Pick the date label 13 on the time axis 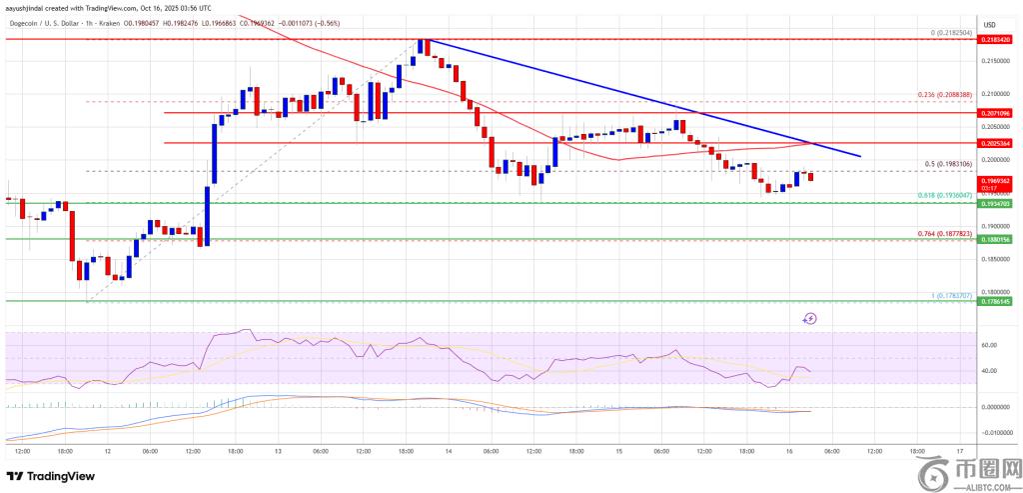tap(278, 451)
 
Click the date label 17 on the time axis tap(959, 451)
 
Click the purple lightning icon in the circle tap(810, 318)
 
